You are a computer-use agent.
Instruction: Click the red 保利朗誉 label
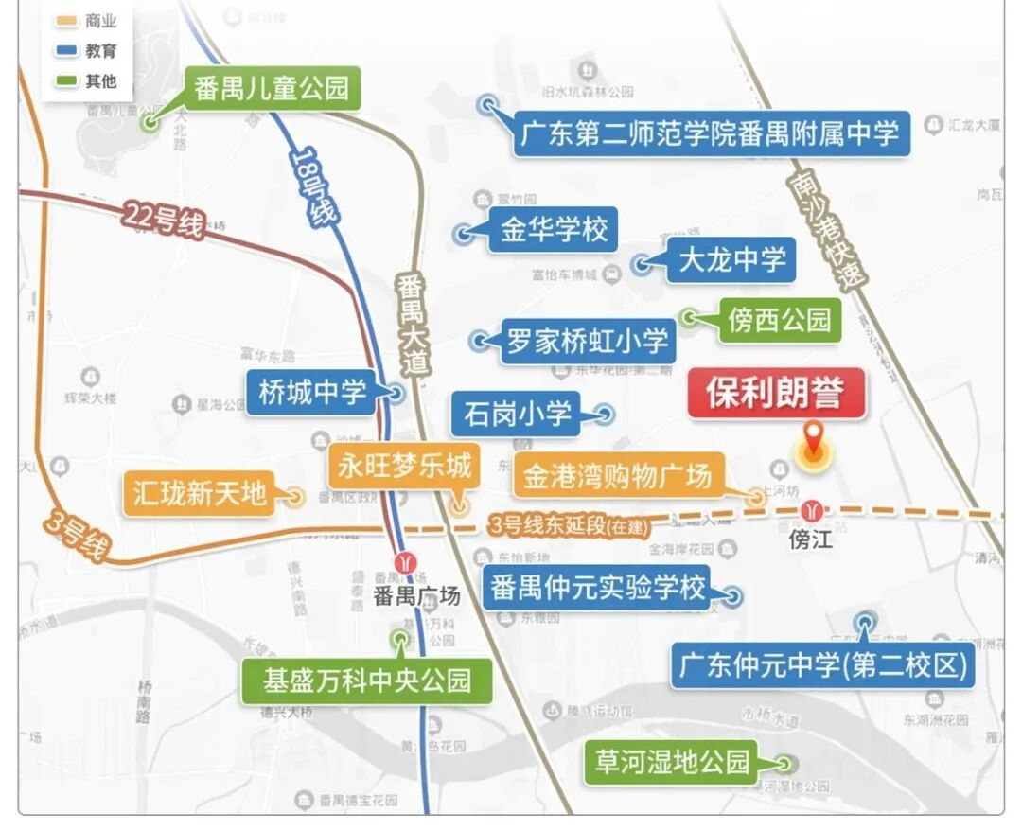[776, 393]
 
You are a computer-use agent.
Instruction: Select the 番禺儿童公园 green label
[272, 89]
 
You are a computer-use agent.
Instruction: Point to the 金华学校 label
[554, 230]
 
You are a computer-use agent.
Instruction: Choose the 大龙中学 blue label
[731, 259]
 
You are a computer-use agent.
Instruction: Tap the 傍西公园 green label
[779, 320]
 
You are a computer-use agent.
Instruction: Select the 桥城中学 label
[312, 392]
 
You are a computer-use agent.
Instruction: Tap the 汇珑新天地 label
[200, 493]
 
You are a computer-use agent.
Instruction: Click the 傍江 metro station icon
[812, 512]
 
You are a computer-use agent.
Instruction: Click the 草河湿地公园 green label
[673, 762]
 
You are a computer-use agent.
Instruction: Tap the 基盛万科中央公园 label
[367, 681]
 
